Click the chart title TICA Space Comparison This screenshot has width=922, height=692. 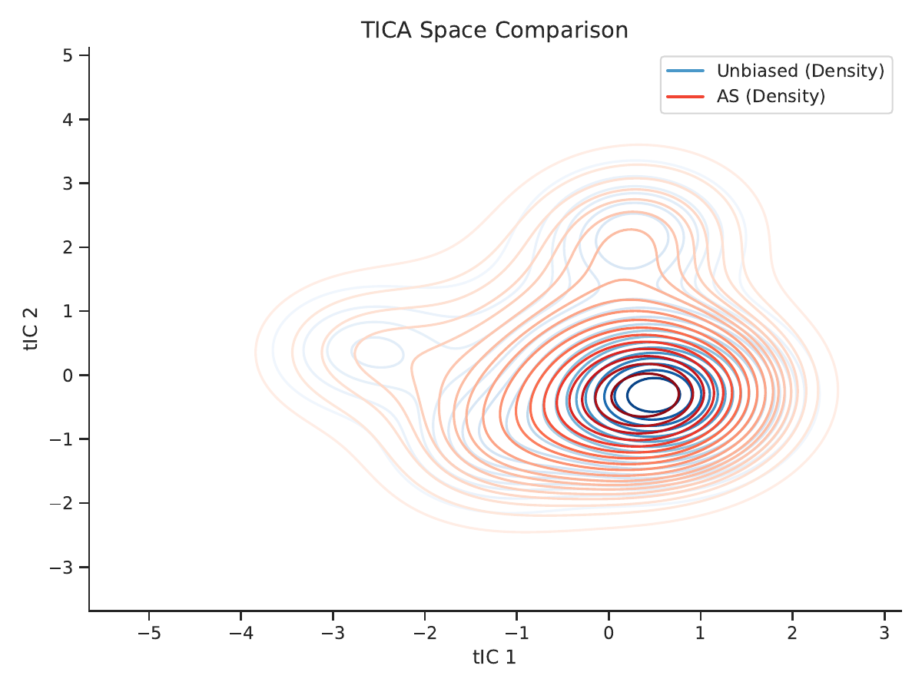point(494,30)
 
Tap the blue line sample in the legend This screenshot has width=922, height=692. point(685,71)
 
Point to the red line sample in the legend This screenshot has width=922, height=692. point(685,97)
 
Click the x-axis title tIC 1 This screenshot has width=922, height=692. point(494,657)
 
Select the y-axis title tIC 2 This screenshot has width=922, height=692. point(31,329)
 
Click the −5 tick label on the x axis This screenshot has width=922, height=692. point(149,633)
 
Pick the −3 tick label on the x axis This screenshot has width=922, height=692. point(333,633)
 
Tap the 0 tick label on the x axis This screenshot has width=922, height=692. point(609,633)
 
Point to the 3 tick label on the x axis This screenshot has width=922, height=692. point(884,633)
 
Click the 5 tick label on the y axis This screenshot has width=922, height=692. point(68,55)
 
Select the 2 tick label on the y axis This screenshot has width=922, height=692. point(68,247)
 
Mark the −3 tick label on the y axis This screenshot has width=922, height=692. point(61,568)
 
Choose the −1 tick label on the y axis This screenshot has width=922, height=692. point(61,439)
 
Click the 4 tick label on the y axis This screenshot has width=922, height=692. point(68,120)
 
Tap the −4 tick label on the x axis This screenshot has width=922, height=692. point(241,633)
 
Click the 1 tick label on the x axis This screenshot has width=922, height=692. point(700,633)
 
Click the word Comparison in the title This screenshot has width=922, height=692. point(562,31)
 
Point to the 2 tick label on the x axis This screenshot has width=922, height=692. point(792,633)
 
